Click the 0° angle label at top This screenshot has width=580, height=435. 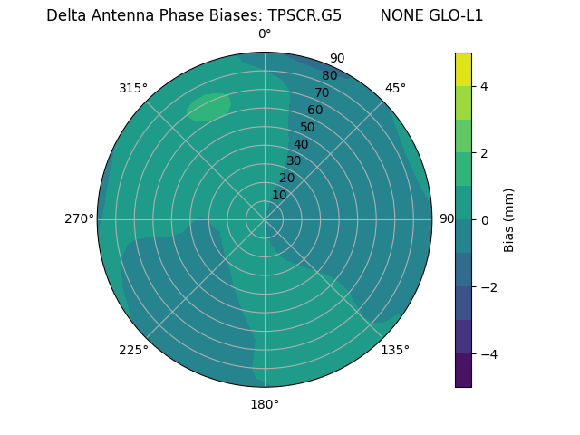click(265, 34)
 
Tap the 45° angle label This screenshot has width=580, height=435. click(395, 88)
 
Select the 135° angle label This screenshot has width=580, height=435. click(395, 350)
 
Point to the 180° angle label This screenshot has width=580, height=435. click(265, 404)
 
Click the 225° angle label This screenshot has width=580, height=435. click(133, 350)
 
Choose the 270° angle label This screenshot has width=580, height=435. click(80, 219)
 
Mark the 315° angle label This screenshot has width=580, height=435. click(133, 88)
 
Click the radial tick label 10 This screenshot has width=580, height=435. click(279, 195)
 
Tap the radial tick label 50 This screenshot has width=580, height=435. click(308, 128)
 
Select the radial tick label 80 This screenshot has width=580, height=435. click(330, 76)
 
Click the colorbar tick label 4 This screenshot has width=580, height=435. click(485, 86)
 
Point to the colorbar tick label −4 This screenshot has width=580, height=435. click(485, 353)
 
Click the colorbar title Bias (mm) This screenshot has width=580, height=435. click(509, 219)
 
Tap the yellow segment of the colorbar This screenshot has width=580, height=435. click(463, 69)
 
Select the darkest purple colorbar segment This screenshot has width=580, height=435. click(463, 371)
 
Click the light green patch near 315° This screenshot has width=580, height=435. click(209, 106)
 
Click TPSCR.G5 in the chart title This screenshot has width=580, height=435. click(304, 15)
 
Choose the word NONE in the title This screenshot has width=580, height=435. click(401, 15)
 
